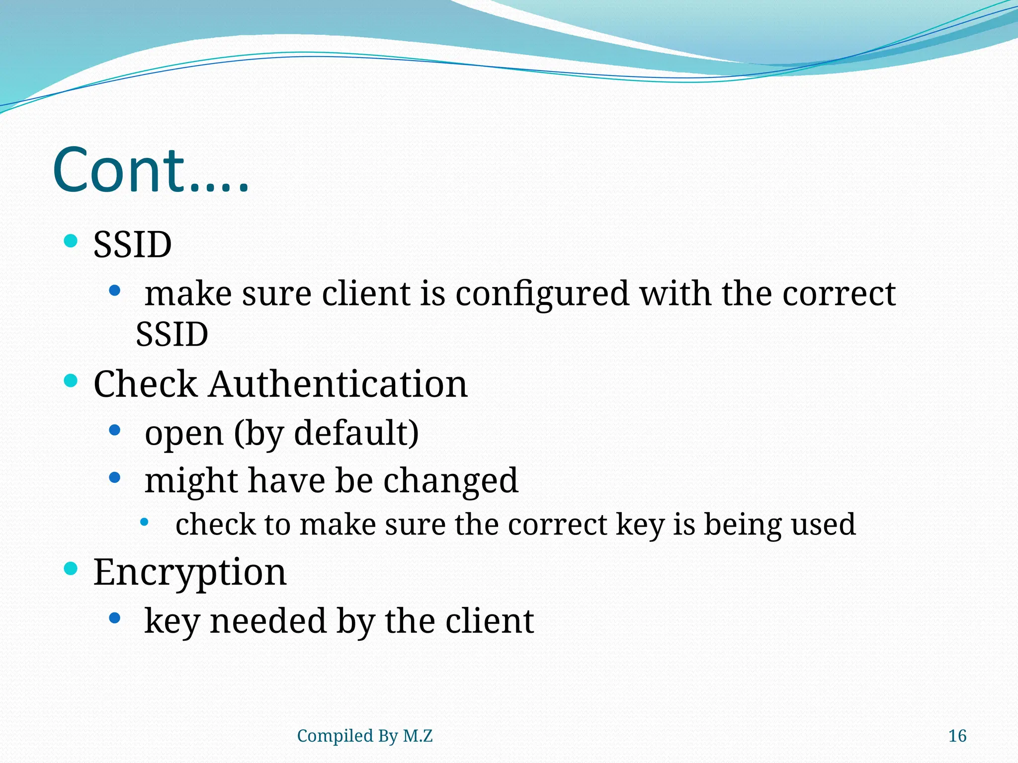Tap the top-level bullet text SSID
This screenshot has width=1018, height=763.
tap(132, 245)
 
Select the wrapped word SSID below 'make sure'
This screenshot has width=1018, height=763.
tap(172, 334)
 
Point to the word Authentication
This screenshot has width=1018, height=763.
tap(338, 384)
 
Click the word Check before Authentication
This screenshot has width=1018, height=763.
tap(145, 384)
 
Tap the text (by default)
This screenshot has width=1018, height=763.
tap(326, 433)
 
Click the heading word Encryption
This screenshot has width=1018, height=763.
tap(190, 572)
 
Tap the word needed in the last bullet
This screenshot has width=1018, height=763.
tap(267, 621)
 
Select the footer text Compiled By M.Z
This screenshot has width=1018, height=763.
tap(364, 736)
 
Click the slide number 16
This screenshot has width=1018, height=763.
tap(957, 736)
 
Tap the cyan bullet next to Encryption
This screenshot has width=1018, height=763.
tap(71, 568)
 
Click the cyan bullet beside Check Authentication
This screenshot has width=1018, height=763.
tap(71, 381)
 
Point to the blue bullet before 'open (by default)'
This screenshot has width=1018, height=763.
tap(115, 430)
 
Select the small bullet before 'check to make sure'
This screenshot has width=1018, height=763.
tap(144, 522)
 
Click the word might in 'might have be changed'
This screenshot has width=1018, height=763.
tap(191, 481)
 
